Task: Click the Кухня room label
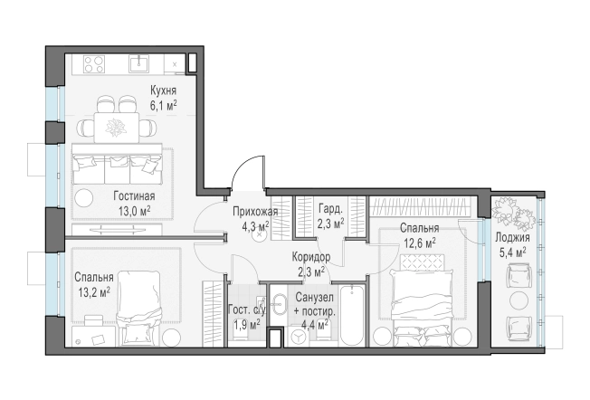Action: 163,90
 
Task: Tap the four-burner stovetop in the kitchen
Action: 94,63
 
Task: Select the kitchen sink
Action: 139,63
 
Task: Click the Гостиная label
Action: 134,196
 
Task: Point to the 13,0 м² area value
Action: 134,211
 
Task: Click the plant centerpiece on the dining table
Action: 116,128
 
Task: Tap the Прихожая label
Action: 255,212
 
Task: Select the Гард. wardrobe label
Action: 331,208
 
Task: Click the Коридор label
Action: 311,257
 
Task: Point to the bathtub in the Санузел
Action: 352,315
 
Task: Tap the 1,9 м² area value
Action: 247,324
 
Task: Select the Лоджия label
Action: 512,238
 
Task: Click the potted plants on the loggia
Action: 514,213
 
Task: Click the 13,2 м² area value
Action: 94,292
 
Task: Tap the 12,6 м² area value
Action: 420,243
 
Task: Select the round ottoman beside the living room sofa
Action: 83,196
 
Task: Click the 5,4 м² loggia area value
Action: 512,252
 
